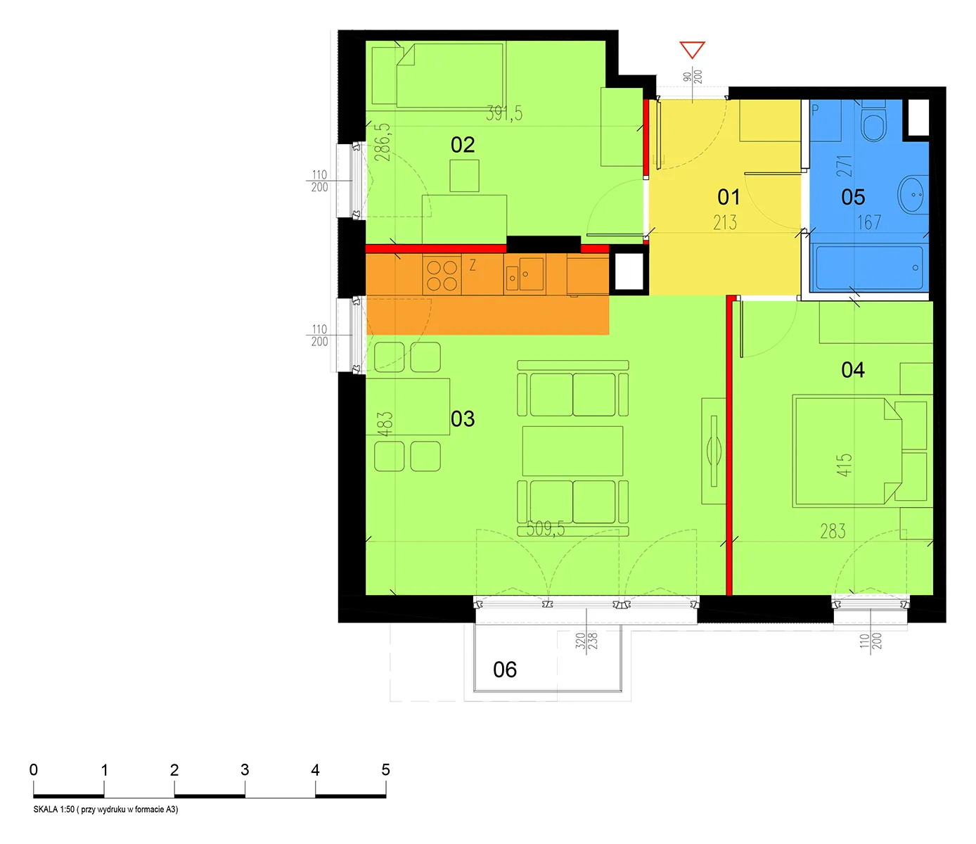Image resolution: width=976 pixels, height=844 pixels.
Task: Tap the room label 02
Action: click(x=462, y=144)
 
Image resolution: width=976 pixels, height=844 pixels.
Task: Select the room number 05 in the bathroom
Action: click(x=853, y=197)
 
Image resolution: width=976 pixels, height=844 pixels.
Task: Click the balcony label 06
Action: click(x=505, y=670)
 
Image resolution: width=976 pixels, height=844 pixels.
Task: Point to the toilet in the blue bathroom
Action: click(x=874, y=120)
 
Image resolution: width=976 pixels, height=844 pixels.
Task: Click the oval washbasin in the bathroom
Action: click(x=913, y=194)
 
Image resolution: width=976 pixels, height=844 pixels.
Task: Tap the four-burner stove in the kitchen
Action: click(x=442, y=275)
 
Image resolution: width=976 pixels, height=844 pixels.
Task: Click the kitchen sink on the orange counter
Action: click(x=525, y=274)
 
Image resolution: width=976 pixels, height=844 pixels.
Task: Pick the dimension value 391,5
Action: click(x=504, y=113)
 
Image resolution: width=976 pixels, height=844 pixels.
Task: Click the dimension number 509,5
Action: click(x=546, y=528)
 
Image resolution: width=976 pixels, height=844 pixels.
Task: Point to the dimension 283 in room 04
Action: click(x=833, y=531)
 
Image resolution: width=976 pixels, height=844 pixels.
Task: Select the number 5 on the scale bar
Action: click(x=385, y=769)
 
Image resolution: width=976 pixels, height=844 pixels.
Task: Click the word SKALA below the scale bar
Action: click(x=46, y=809)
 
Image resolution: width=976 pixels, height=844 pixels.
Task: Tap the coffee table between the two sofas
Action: click(x=572, y=451)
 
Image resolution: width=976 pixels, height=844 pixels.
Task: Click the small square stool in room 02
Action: click(x=464, y=176)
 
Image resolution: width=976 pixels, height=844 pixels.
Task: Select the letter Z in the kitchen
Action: click(x=473, y=266)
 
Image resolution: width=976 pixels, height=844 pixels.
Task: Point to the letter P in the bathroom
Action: click(x=815, y=110)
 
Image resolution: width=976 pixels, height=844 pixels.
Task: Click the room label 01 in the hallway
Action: click(x=728, y=197)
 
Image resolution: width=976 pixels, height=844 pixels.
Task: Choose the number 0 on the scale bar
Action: click(x=34, y=769)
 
